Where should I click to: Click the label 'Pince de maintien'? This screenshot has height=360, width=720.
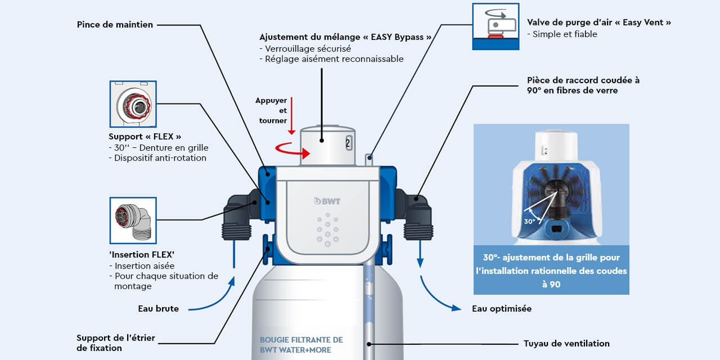pyautogui.click(x=115, y=25)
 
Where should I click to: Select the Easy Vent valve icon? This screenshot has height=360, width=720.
pyautogui.click(x=495, y=26)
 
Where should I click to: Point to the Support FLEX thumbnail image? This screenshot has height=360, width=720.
pyautogui.click(x=133, y=104)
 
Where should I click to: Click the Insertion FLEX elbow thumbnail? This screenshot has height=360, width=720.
pyautogui.click(x=133, y=220)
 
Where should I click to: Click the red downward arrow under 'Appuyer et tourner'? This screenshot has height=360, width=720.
pyautogui.click(x=291, y=124)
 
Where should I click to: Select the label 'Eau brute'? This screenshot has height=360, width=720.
pyautogui.click(x=158, y=308)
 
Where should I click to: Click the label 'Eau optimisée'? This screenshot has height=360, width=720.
pyautogui.click(x=501, y=308)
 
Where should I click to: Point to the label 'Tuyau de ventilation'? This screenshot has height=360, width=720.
pyautogui.click(x=566, y=343)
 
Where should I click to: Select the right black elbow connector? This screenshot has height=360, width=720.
pyautogui.click(x=416, y=214)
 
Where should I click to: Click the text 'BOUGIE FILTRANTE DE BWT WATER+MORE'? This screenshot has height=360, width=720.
pyautogui.click(x=301, y=345)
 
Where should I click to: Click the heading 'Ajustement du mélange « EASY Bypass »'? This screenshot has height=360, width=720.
pyautogui.click(x=345, y=37)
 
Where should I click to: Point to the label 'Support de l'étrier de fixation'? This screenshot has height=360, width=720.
pyautogui.click(x=115, y=343)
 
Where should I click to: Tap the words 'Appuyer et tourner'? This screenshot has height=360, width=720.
pyautogui.click(x=272, y=110)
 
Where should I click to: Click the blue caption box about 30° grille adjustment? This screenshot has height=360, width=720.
pyautogui.click(x=551, y=270)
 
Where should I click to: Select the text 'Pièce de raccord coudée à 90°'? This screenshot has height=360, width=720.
pyautogui.click(x=583, y=85)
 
